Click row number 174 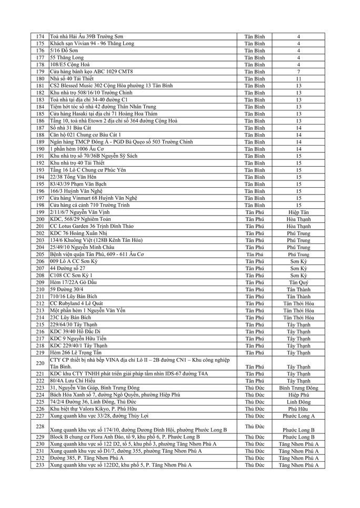[40, 36]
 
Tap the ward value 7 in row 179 [298, 72]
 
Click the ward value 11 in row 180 [298, 78]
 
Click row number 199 [40, 212]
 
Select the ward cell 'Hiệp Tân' [298, 212]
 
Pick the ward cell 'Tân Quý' [298, 282]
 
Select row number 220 [40, 363]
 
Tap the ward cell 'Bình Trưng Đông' [298, 388]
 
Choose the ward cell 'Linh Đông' [298, 402]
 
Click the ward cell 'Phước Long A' [298, 415]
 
